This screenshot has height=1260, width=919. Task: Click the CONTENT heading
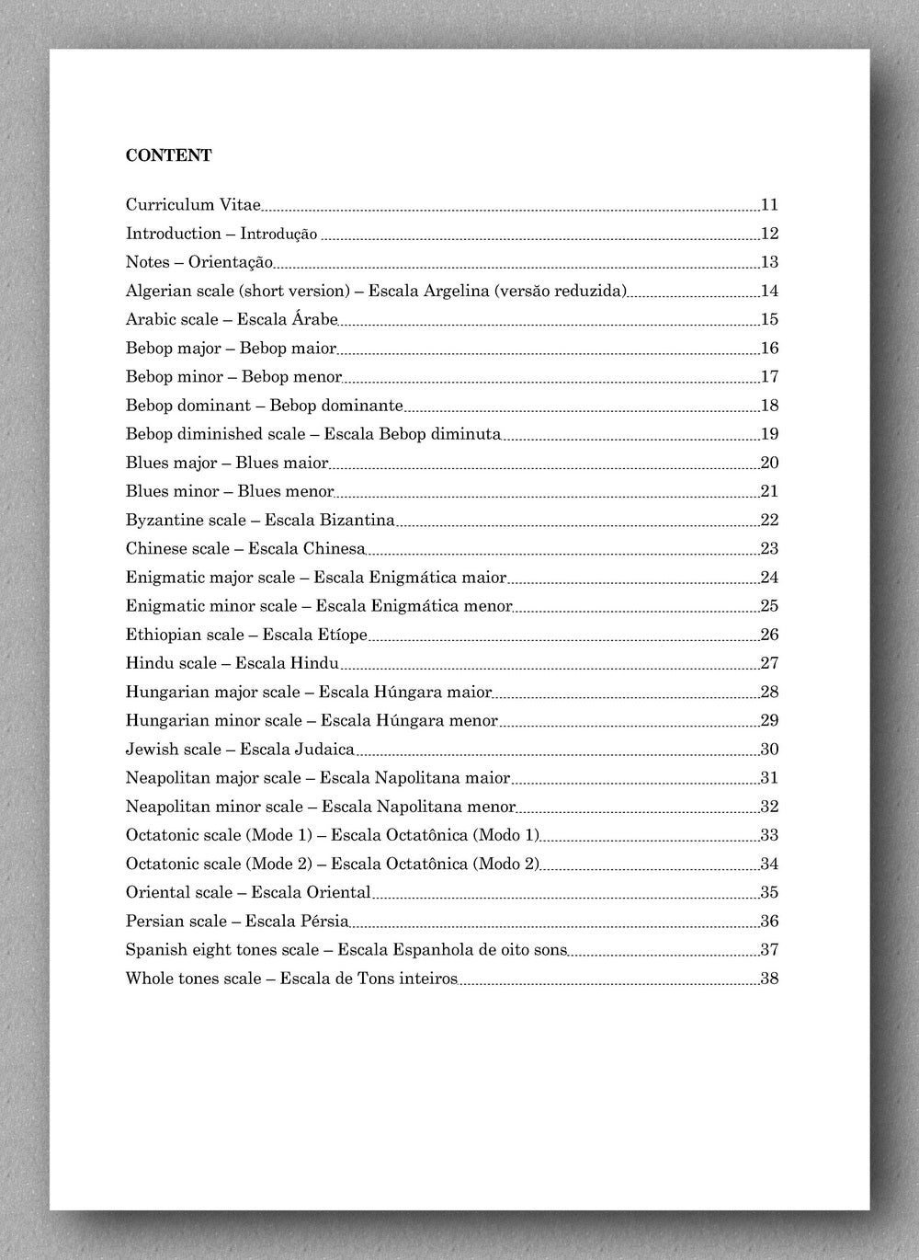click(169, 155)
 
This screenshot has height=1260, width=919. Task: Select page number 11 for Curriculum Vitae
click(769, 204)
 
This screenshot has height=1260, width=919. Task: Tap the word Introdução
click(278, 234)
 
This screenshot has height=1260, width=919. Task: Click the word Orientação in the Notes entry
click(231, 262)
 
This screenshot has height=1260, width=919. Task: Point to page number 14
click(769, 291)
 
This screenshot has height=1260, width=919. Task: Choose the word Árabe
click(314, 319)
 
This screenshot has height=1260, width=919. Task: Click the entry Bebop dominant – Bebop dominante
click(264, 405)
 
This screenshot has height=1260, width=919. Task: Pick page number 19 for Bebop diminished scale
click(769, 433)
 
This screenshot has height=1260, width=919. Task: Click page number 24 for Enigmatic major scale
click(769, 577)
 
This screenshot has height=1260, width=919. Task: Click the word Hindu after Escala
click(314, 662)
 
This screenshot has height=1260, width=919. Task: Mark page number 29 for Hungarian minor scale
click(769, 719)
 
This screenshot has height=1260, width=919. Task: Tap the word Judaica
click(323, 749)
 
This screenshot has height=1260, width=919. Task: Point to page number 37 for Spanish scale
click(769, 949)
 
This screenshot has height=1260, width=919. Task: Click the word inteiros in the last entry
click(425, 978)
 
